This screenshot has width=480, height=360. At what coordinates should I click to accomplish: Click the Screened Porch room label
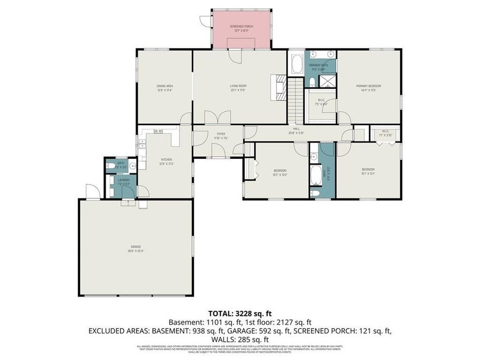241,27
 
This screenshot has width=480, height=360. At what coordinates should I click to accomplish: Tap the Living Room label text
238,85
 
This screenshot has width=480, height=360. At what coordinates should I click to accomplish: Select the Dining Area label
165,86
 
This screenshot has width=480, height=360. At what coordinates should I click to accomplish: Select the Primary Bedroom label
369,86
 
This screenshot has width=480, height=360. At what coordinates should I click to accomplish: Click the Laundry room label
124,180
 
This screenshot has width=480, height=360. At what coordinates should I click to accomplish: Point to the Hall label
297,129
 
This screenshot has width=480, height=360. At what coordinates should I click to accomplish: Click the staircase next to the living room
295,100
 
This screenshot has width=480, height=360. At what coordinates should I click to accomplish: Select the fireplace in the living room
279,87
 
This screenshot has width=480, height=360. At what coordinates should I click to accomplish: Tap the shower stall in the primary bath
326,81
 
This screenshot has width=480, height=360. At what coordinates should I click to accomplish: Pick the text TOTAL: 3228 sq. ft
239,314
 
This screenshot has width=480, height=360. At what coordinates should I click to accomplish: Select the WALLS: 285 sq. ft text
239,339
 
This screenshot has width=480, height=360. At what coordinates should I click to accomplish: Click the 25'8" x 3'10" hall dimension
297,133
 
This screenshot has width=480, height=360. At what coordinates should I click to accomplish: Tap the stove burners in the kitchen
158,131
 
